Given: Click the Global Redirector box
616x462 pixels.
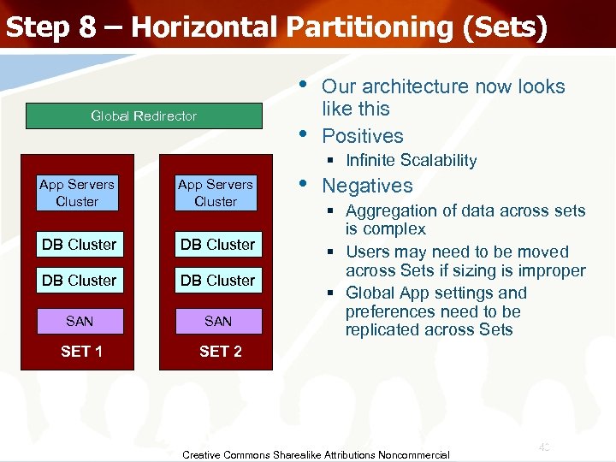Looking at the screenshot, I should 144,116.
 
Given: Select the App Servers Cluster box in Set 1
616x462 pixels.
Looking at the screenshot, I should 77,192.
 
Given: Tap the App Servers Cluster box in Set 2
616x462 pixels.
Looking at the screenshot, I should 216,192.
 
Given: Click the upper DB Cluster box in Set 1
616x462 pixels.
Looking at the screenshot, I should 79,244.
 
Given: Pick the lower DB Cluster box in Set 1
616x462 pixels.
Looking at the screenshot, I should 79,280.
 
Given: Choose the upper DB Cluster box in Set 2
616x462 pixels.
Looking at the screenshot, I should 217,244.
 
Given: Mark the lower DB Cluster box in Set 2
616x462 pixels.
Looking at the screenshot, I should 217,280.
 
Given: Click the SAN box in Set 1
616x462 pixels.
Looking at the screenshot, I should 80,321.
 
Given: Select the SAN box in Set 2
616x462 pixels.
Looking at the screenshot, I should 218,321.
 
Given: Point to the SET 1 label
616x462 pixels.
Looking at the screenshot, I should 82,352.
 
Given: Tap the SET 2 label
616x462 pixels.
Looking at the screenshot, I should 221,352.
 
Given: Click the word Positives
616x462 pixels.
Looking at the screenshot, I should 362,136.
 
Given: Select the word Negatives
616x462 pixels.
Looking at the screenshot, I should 367,186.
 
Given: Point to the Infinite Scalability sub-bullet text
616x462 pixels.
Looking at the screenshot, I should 411,161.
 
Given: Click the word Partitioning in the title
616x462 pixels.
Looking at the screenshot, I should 357,27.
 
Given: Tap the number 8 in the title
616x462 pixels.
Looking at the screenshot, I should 87,27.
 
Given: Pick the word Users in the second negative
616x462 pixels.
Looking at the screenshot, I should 367,252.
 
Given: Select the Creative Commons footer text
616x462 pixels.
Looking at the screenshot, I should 316,454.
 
